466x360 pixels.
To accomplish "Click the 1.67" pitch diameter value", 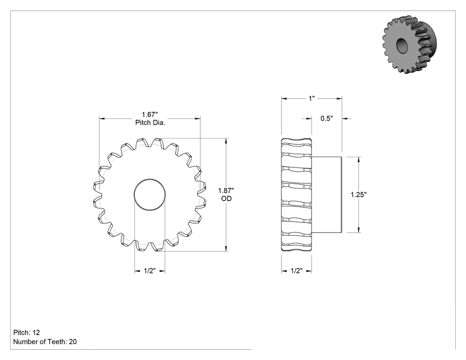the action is click(x=150, y=115).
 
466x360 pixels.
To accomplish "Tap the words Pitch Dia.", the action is click(x=150, y=123).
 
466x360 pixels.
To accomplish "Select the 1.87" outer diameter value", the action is click(x=226, y=190).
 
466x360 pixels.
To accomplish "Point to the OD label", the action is click(x=226, y=198).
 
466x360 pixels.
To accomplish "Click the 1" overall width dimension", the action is click(x=312, y=99).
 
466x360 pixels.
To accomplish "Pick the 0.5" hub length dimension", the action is click(x=326, y=119).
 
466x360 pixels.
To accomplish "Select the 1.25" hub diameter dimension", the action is click(x=359, y=195).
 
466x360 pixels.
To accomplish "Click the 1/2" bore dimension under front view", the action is click(x=150, y=271).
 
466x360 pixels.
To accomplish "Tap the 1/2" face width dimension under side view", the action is click(x=296, y=271).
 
